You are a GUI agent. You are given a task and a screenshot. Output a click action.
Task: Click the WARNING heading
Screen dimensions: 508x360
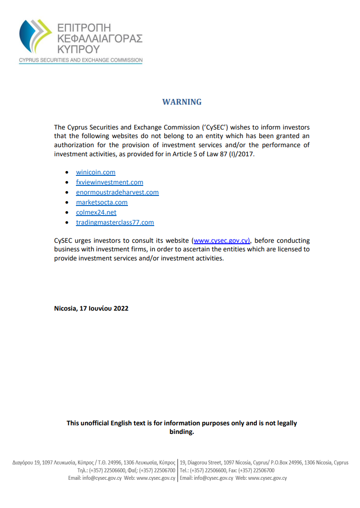(x=182, y=102)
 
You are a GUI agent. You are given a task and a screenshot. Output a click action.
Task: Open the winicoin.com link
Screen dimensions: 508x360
(x=95, y=172)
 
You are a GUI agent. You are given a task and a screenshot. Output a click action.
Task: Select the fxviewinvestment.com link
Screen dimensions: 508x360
(x=109, y=182)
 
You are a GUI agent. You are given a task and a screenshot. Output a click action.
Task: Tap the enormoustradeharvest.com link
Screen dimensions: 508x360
(x=117, y=192)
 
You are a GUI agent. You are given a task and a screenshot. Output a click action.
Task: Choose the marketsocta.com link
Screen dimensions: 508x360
(x=102, y=202)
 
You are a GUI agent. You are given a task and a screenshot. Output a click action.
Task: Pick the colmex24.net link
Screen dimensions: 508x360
(x=96, y=212)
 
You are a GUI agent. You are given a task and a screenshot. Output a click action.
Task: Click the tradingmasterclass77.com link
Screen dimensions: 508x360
(x=115, y=222)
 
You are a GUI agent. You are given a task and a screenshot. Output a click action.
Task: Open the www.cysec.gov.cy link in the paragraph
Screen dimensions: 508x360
(x=221, y=240)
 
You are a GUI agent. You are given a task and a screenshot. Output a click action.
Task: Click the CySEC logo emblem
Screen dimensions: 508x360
(x=35, y=36)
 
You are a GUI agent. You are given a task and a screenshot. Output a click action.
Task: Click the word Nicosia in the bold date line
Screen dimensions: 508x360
(x=65, y=308)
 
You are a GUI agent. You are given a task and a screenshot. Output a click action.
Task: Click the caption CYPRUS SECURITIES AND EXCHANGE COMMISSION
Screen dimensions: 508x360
(x=81, y=60)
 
